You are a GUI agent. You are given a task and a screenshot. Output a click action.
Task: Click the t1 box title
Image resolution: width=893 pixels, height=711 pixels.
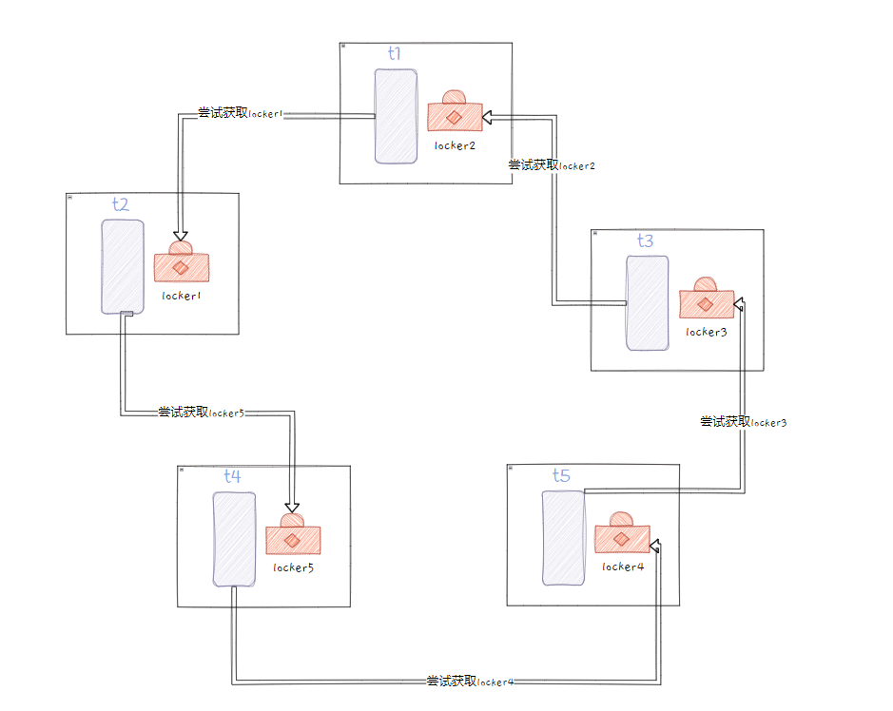tap(394, 54)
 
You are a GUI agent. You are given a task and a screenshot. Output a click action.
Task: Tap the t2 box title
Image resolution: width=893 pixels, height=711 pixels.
tap(120, 204)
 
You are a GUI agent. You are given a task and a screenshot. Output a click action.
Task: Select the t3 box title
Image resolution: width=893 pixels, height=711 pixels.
tap(645, 241)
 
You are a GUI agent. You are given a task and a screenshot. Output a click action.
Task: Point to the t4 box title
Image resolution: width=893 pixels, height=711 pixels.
tap(232, 475)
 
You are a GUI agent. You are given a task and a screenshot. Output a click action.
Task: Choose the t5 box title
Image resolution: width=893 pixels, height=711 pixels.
tap(561, 475)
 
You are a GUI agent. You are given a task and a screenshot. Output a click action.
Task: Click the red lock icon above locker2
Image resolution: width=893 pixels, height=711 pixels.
tap(454, 112)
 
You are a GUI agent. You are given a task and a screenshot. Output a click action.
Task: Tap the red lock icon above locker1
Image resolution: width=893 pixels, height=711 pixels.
tap(181, 262)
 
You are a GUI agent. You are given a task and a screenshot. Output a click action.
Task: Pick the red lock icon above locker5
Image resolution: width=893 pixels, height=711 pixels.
tap(292, 535)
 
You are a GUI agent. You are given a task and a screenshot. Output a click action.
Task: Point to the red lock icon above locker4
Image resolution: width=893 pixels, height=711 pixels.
tap(621, 534)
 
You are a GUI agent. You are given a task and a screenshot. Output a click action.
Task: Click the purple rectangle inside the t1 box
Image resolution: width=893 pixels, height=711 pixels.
tap(396, 116)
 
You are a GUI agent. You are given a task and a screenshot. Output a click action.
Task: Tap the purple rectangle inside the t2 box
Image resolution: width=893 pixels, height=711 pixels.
tap(123, 266)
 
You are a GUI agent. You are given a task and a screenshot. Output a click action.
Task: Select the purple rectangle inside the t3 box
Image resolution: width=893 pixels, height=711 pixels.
tap(647, 303)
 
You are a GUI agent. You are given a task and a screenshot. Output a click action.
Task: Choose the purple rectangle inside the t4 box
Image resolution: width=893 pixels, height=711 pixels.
tap(234, 539)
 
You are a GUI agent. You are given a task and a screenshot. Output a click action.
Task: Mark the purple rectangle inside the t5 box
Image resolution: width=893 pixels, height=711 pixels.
tap(563, 538)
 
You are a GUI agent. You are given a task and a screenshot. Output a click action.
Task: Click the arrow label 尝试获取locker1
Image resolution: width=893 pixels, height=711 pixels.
tap(240, 113)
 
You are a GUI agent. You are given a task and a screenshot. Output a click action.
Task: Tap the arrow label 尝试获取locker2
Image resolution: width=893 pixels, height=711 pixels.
tap(552, 165)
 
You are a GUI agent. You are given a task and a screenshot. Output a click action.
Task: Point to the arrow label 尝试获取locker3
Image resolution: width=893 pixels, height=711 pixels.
tap(744, 422)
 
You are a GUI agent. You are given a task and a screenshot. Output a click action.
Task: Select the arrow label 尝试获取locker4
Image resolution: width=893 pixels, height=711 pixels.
tap(470, 682)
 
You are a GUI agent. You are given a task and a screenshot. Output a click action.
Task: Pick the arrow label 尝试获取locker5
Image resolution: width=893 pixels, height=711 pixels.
tap(201, 413)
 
